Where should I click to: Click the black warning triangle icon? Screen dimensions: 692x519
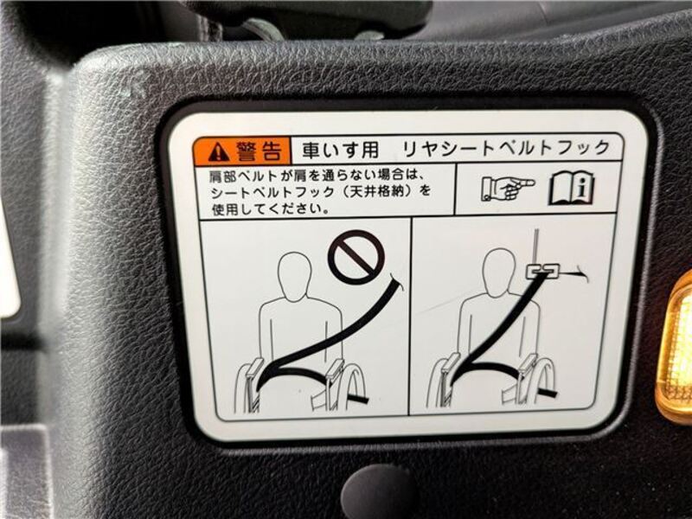tap(218, 152)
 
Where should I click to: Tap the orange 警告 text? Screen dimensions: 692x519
tap(259, 151)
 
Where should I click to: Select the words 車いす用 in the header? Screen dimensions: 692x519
tap(340, 150)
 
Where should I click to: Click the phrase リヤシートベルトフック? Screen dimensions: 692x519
tap(506, 148)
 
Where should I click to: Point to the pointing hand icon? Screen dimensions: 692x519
tap(508, 188)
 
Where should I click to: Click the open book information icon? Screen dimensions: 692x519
tap(572, 189)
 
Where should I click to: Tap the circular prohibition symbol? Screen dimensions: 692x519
tap(356, 257)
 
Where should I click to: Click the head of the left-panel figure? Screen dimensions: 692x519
tap(294, 277)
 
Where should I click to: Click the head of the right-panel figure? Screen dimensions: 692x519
tap(499, 272)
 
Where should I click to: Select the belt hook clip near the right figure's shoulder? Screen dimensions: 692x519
tap(543, 271)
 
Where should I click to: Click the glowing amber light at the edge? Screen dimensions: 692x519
tap(676, 349)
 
